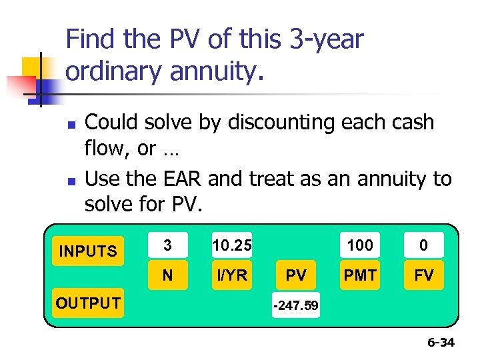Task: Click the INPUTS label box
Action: coord(88,251)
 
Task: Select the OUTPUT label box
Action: coord(88,303)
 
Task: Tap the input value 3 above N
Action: coord(167,245)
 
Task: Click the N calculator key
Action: coord(167,275)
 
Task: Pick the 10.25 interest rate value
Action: coord(232,245)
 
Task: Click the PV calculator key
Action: coord(296,275)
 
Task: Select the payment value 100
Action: coord(360,245)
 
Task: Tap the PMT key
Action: coord(360,275)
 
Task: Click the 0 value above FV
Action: coord(423,245)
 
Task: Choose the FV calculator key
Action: coord(423,275)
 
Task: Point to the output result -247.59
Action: coord(295,307)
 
